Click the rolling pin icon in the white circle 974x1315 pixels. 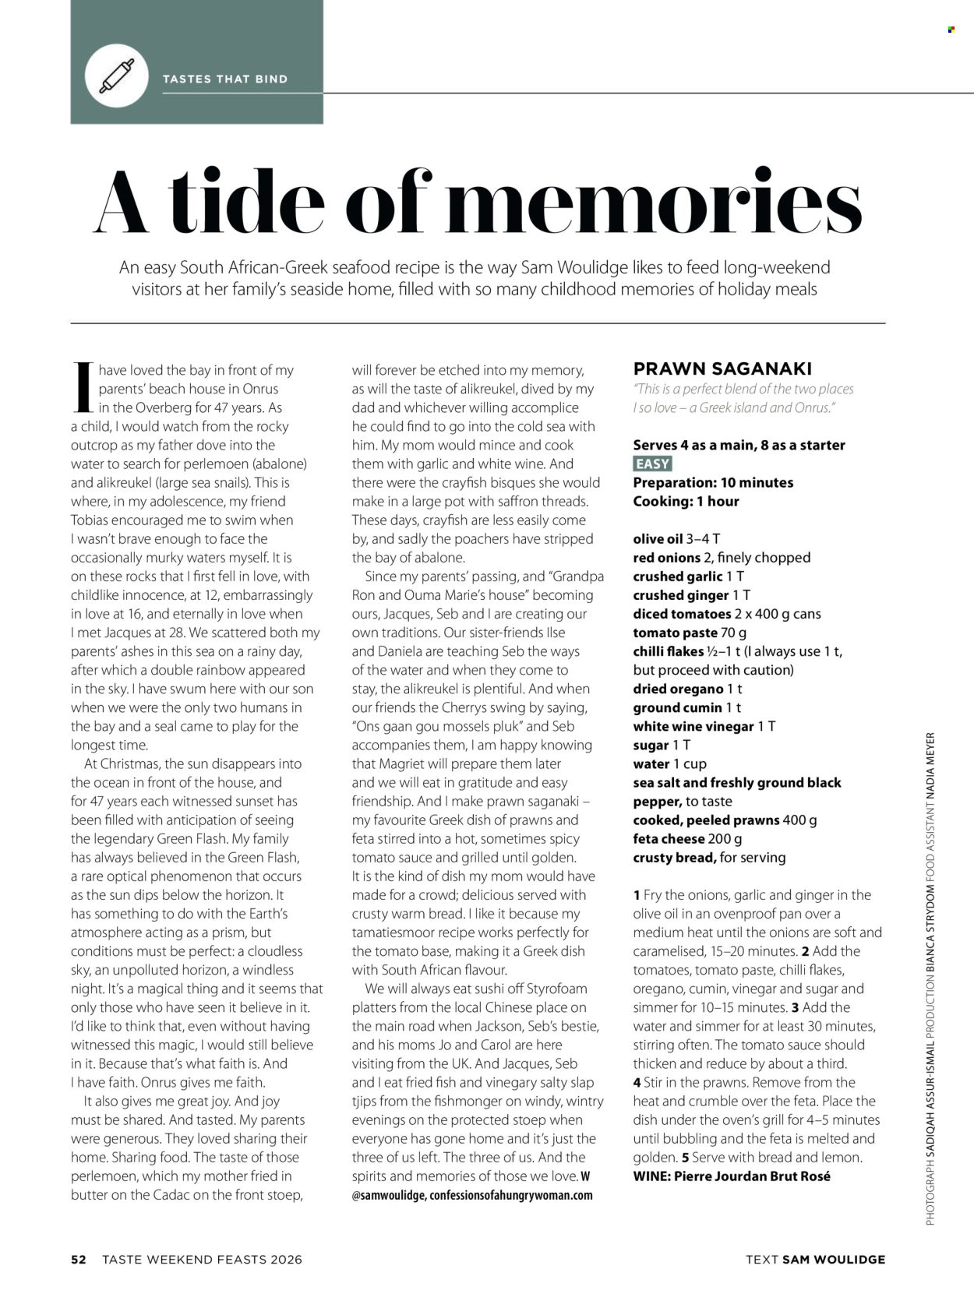[117, 76]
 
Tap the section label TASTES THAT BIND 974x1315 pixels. [224, 79]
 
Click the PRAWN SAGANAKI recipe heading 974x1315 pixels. [722, 368]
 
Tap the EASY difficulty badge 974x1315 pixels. [652, 464]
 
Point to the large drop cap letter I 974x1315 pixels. [83, 387]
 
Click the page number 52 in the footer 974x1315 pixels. [79, 1259]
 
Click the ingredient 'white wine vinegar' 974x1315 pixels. [693, 726]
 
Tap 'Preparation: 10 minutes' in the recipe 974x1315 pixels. [713, 482]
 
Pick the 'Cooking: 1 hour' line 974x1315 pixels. [686, 501]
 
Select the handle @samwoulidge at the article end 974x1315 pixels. [387, 1195]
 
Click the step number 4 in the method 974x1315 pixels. [637, 1083]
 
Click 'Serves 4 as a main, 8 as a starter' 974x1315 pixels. [739, 445]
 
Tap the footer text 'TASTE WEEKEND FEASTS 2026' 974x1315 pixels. [202, 1259]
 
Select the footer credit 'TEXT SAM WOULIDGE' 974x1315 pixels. [815, 1259]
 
